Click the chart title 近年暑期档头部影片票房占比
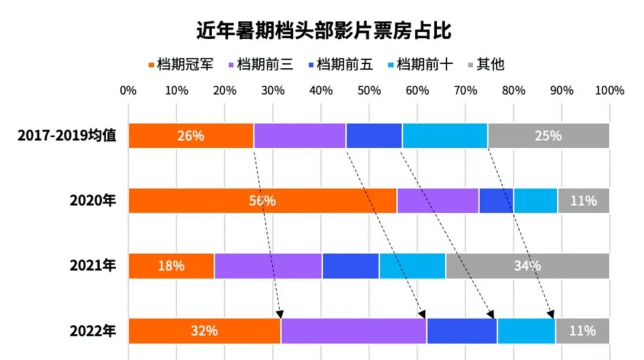click(323, 29)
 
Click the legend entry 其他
click(491, 64)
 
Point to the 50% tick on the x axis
click(369, 91)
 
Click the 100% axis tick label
click(609, 91)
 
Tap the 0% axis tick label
click(128, 91)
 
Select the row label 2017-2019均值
click(67, 135)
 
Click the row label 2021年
click(93, 266)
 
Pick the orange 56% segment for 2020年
click(262, 201)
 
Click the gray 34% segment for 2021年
click(527, 266)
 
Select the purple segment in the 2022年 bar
click(354, 331)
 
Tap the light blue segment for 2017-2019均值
click(445, 135)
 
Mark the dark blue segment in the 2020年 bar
click(496, 201)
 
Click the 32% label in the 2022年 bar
click(204, 331)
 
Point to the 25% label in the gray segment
click(548, 135)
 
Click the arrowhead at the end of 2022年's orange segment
click(280, 315)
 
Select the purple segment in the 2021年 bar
click(268, 266)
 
